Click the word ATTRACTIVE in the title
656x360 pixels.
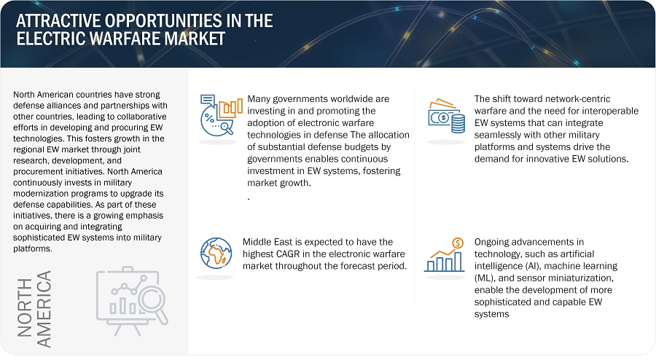click(58, 20)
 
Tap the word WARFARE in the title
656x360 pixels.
click(125, 39)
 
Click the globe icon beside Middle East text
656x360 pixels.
click(216, 253)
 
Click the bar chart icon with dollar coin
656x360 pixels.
click(445, 255)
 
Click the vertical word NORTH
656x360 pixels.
click(25, 308)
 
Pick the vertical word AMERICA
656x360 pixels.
click(44, 309)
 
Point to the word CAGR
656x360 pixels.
click(288, 254)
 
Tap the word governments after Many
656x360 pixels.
click(296, 99)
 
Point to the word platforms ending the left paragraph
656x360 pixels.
click(32, 249)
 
